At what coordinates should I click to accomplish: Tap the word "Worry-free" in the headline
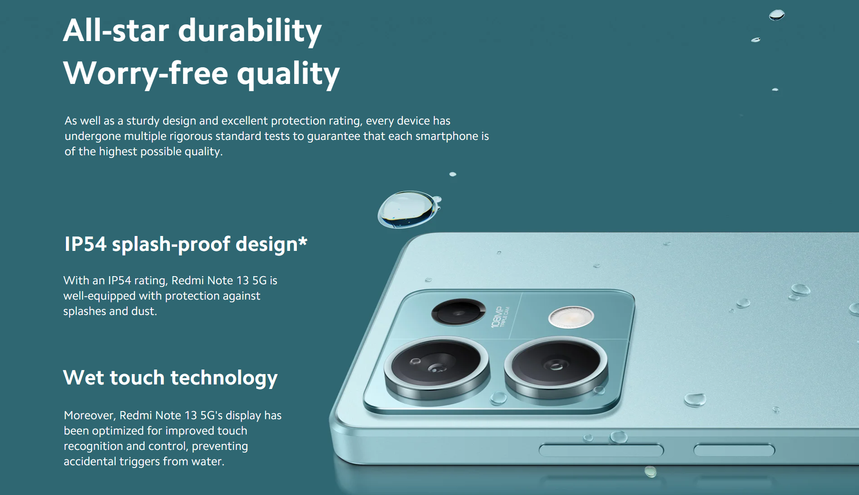146,73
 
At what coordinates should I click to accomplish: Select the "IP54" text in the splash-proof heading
85,244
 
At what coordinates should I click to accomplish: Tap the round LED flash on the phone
571,317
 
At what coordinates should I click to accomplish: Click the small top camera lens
458,311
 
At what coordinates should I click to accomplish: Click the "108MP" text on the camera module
497,316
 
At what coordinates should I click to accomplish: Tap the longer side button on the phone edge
601,450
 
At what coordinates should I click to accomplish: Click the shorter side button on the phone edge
734,450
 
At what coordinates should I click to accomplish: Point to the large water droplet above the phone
408,209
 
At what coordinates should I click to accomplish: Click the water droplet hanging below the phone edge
650,472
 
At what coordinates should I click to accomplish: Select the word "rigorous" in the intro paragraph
191,136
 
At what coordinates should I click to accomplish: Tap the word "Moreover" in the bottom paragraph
90,416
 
